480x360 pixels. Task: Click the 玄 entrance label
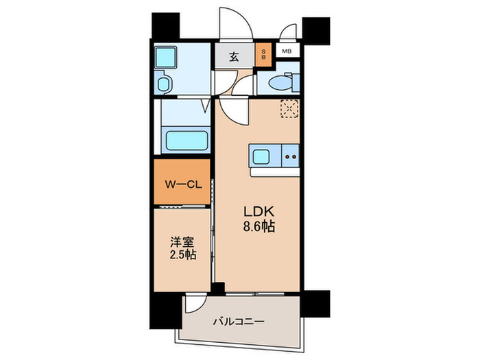[234, 56]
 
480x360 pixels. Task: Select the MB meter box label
[286, 51]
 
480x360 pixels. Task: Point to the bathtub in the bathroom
[187, 142]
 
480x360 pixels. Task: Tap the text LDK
[258, 212]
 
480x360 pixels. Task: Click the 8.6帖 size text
[259, 227]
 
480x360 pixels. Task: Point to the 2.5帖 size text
[181, 255]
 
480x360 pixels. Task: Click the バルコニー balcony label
[237, 321]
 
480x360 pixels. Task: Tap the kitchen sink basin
[263, 157]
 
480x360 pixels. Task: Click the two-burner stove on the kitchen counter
[291, 157]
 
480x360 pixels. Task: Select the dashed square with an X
[290, 108]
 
